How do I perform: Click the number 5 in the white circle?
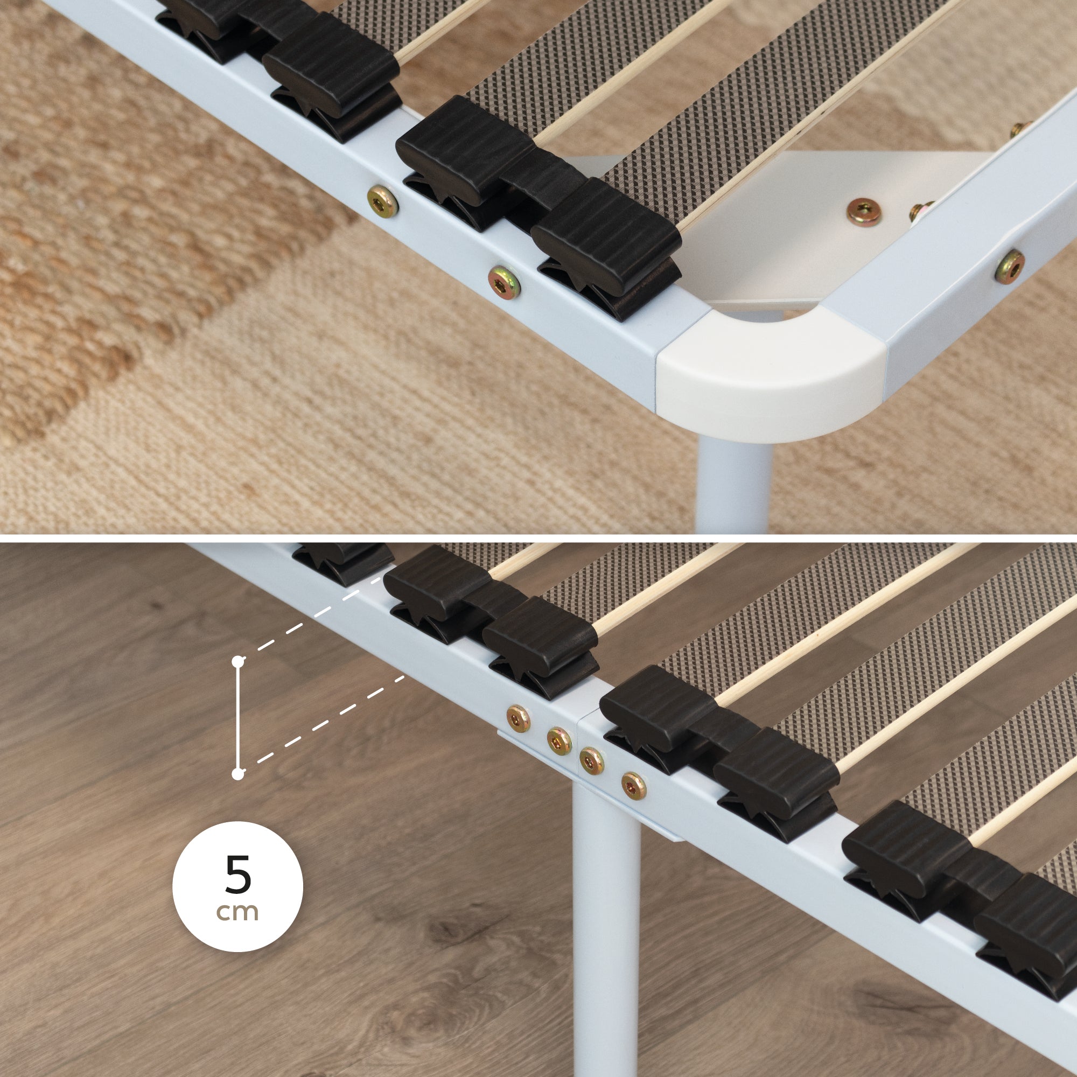click(239, 873)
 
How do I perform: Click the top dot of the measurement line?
click(238, 662)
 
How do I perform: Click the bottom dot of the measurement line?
click(238, 774)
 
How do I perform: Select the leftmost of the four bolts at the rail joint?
click(519, 718)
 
